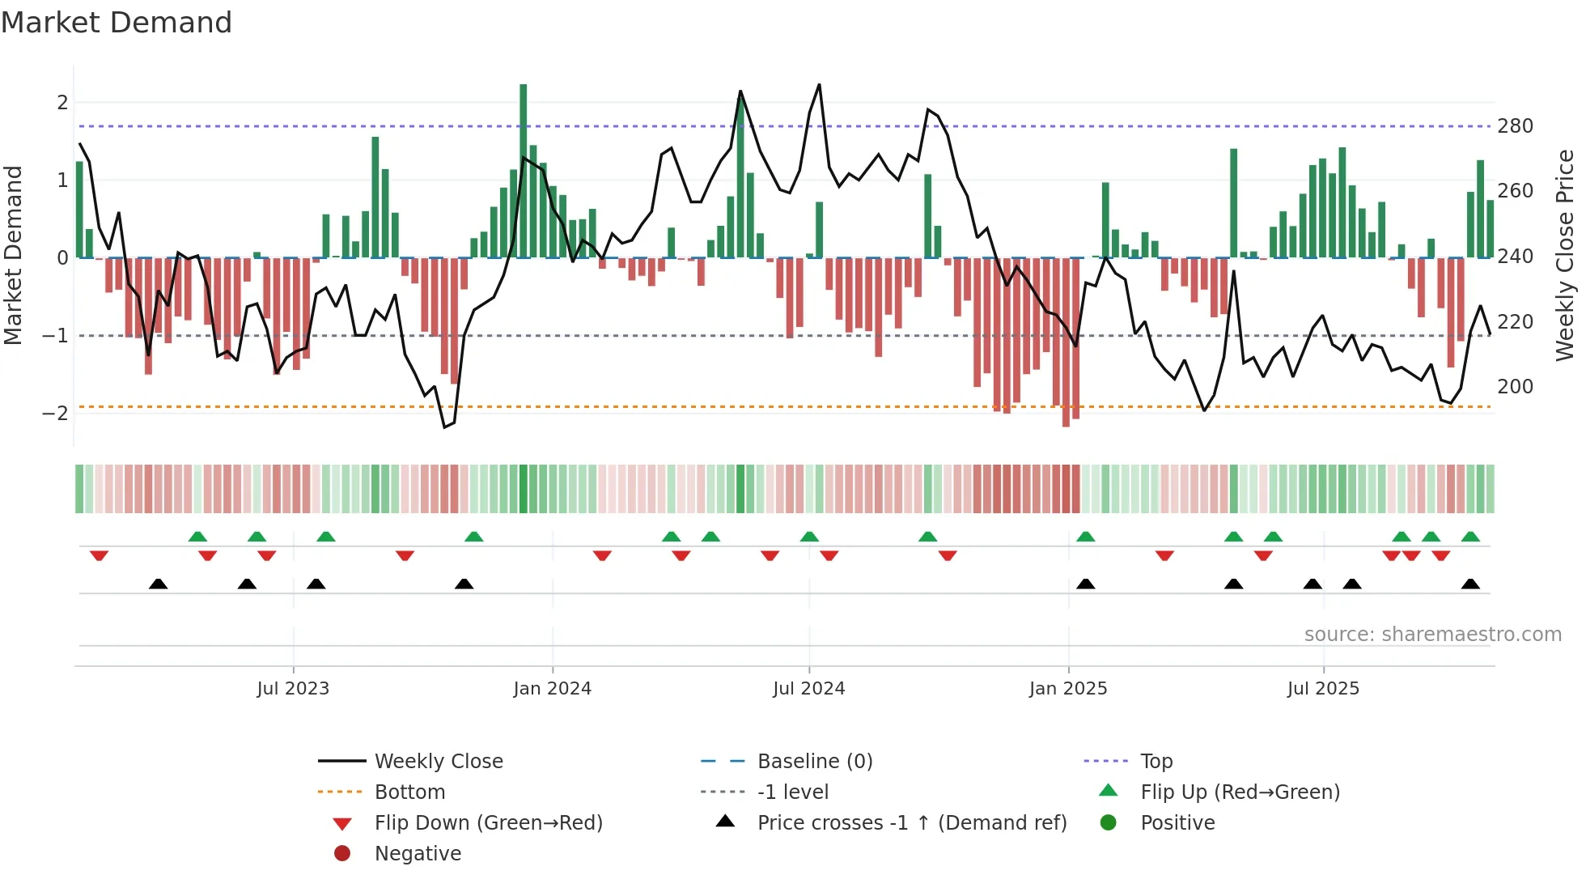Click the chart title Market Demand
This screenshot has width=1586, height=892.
[x=117, y=23]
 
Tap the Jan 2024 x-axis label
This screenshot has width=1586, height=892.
[x=552, y=688]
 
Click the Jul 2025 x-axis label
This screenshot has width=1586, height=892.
[x=1323, y=688]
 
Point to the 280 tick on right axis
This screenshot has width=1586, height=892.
[x=1515, y=126]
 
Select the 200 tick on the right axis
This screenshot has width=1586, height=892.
[x=1515, y=386]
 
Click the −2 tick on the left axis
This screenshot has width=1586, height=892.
[x=55, y=413]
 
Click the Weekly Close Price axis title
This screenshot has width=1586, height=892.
[x=1565, y=255]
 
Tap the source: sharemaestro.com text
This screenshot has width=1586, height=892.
[x=1432, y=634]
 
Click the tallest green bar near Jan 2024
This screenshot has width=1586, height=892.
[x=524, y=170]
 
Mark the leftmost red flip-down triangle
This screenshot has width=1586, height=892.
[x=99, y=555]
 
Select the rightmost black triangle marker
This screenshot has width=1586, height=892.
[x=1470, y=584]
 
